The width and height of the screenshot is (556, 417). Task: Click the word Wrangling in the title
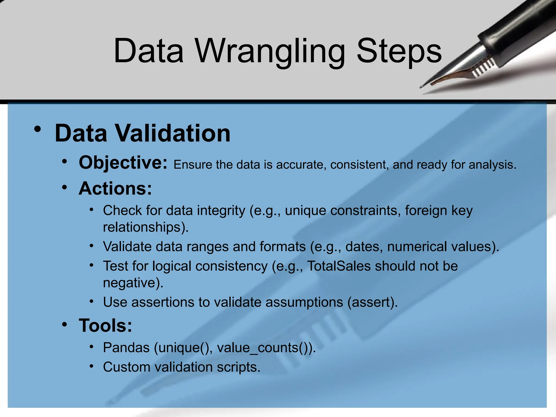click(270, 52)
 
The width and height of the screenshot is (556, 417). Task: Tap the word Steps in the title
click(399, 52)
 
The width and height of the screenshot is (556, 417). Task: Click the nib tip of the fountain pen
click(422, 87)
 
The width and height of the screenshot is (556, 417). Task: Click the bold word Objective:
click(123, 163)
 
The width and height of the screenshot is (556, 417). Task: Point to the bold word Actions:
click(115, 188)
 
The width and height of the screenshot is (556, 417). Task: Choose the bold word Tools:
click(105, 325)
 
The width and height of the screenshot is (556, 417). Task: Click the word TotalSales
click(339, 266)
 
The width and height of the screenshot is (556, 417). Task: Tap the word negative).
click(133, 283)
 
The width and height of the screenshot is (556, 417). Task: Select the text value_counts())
click(266, 348)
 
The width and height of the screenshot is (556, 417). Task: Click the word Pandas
click(126, 347)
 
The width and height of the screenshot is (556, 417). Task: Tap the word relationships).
click(146, 227)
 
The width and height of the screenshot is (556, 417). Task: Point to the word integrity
click(221, 211)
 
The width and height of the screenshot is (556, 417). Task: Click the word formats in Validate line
click(282, 247)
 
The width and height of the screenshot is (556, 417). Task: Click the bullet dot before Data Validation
click(38, 129)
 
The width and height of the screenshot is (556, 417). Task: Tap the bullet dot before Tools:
click(64, 324)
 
